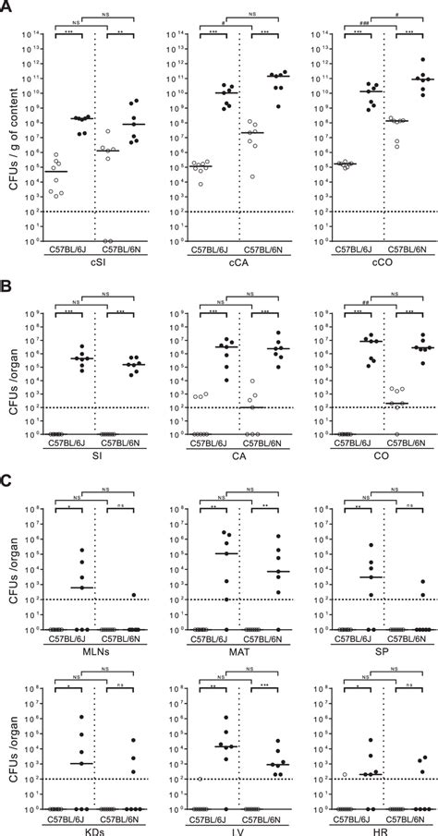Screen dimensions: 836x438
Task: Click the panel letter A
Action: (6, 6)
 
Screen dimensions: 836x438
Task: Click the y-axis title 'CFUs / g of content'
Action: (10, 139)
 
